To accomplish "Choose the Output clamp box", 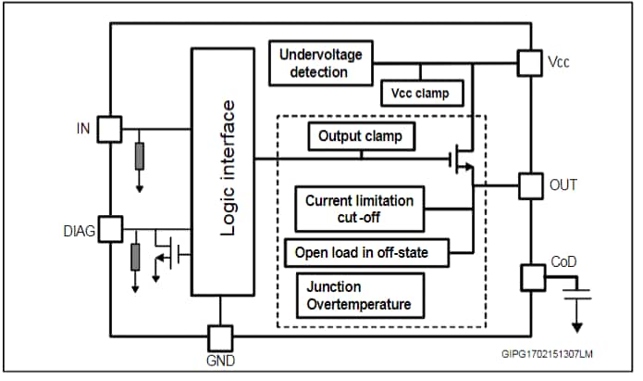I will pos(361,136).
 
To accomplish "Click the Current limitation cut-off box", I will pos(359,209).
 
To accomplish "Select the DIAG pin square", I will pos(109,228).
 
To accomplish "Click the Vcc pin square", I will pos(529,63).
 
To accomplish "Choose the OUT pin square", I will pos(529,184).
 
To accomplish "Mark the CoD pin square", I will pos(534,276).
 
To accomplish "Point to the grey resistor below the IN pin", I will pos(139,157).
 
